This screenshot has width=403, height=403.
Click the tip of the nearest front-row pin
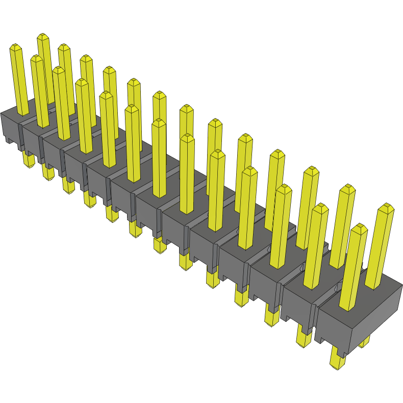[359, 228]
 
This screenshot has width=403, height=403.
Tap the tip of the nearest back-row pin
[386, 208]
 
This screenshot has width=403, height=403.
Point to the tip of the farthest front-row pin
[16, 47]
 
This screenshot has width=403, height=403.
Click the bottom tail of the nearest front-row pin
[337, 360]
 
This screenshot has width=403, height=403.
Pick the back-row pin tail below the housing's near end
[364, 342]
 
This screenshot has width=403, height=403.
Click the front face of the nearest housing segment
[332, 326]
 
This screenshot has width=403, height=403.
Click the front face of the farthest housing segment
[10, 128]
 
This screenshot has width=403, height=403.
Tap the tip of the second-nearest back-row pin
[347, 189]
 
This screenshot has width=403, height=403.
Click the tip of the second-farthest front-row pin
[37, 58]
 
